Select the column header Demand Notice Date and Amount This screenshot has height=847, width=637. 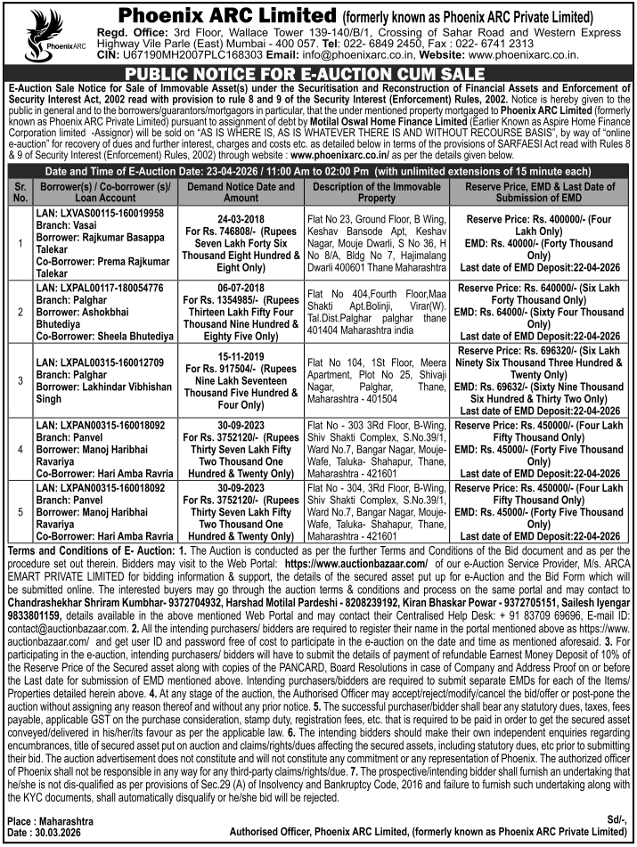coord(241,192)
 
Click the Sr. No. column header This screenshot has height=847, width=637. coord(19,192)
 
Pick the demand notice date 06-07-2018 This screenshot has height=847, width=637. coord(241,289)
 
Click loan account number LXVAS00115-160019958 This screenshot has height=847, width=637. coord(101,215)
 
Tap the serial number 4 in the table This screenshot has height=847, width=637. coord(19,449)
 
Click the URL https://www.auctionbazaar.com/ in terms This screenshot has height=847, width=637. coord(356,564)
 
